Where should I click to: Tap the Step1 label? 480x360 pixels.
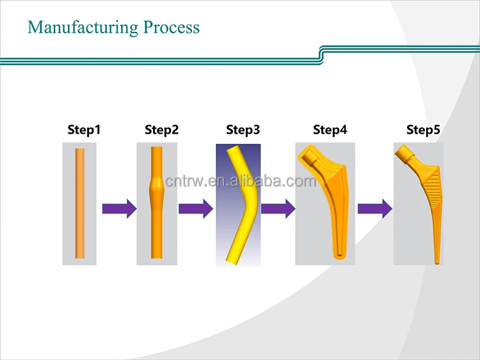[x=84, y=130]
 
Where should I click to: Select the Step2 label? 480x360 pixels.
[x=161, y=130]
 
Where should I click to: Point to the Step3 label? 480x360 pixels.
[x=243, y=130]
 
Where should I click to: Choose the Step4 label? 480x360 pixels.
[x=330, y=130]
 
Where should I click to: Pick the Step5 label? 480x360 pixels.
[x=423, y=130]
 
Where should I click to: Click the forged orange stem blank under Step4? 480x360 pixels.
[x=330, y=205]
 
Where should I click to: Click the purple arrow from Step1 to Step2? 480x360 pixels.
[x=119, y=208]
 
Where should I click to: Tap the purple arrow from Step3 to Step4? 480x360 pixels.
[x=278, y=208]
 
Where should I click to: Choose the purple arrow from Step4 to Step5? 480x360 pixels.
[x=374, y=208]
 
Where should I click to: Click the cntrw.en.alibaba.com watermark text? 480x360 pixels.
[x=240, y=181]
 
